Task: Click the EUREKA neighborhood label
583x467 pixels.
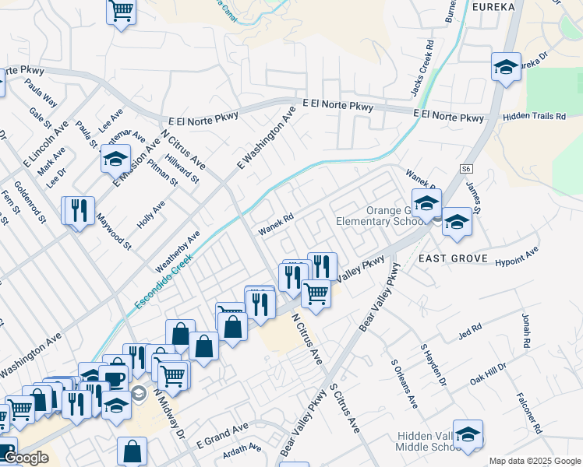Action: (x=493, y=7)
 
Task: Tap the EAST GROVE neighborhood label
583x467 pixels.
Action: (x=452, y=258)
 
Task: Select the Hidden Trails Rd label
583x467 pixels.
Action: (x=534, y=116)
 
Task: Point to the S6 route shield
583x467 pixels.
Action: (x=466, y=168)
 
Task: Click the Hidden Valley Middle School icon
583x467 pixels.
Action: (x=468, y=434)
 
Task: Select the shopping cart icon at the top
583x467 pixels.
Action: (x=121, y=11)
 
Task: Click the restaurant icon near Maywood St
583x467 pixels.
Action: (x=78, y=210)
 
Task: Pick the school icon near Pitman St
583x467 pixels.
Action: (x=115, y=160)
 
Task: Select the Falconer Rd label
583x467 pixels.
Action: (x=528, y=409)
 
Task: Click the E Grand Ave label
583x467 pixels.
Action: (x=222, y=434)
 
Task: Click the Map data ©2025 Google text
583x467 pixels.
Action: (x=535, y=461)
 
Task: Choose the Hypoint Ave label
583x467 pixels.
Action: (x=517, y=258)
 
